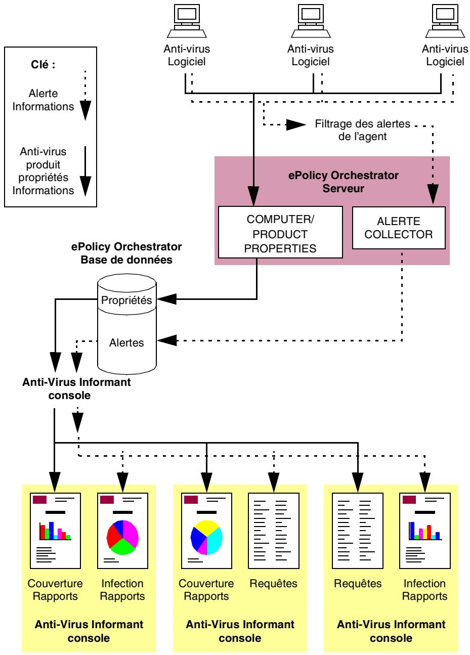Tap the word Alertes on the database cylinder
(x=126, y=342)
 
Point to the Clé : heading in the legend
(x=45, y=66)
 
